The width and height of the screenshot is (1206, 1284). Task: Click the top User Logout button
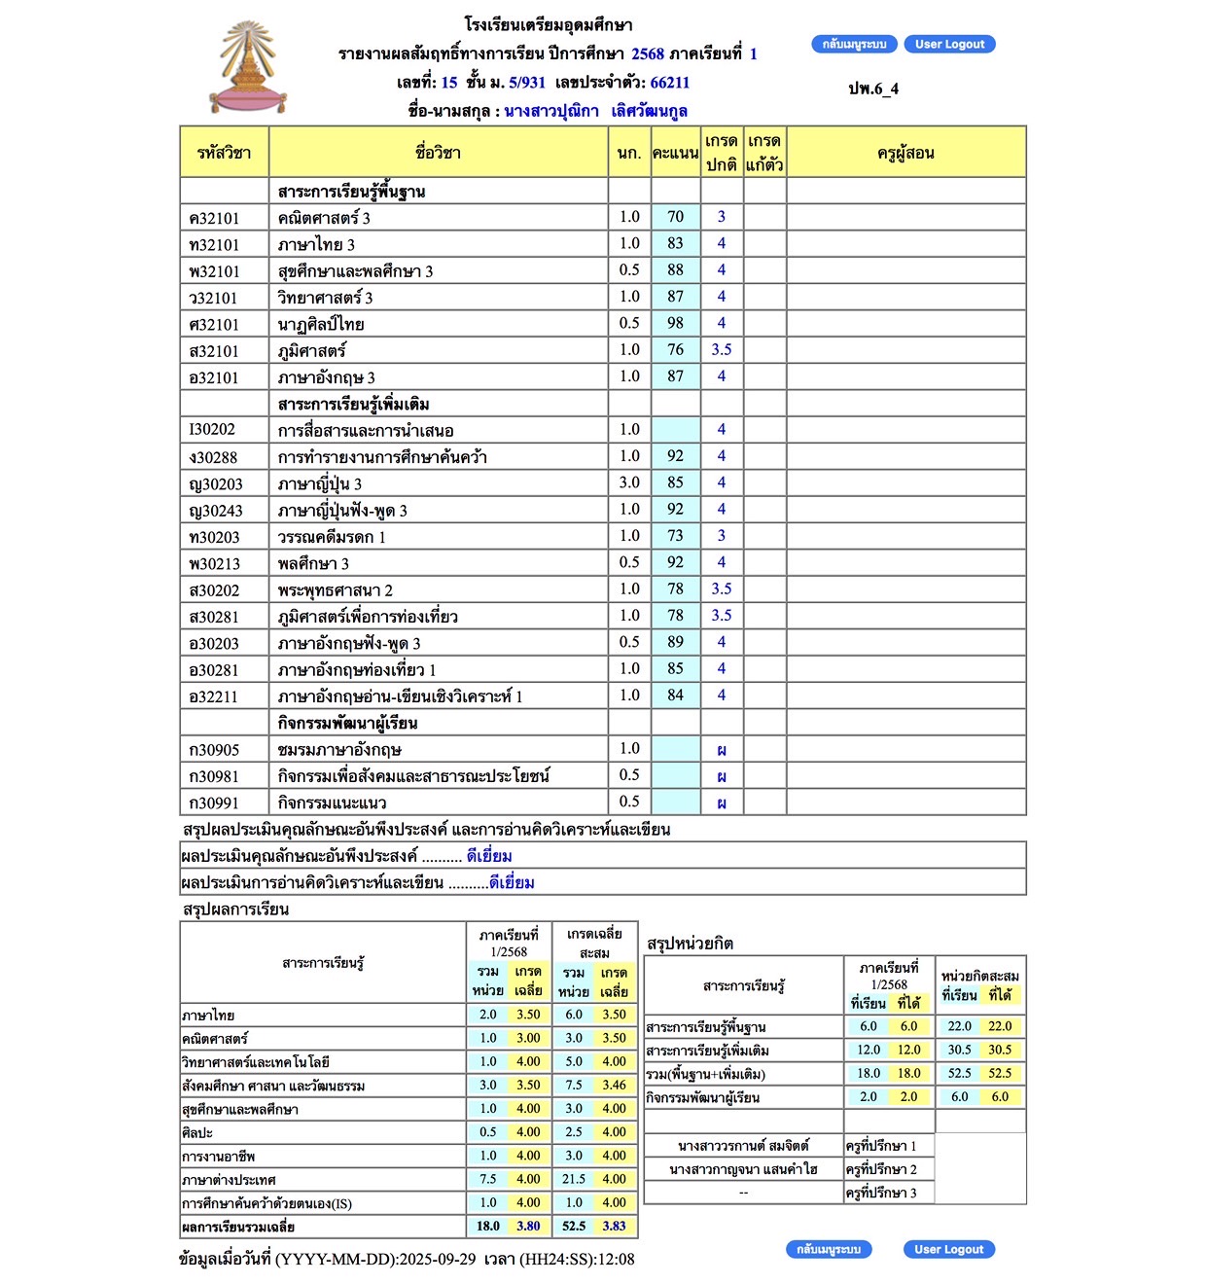[x=949, y=44]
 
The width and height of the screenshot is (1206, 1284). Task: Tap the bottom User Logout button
[x=948, y=1249]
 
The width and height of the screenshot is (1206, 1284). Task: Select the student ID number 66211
[x=669, y=83]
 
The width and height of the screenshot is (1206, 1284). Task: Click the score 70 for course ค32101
[x=675, y=217]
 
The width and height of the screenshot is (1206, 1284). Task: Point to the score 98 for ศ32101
[x=675, y=323]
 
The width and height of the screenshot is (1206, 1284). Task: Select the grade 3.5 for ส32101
[x=721, y=349]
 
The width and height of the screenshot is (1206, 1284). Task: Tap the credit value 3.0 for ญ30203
[x=629, y=482]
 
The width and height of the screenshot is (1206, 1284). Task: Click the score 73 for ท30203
[x=675, y=536]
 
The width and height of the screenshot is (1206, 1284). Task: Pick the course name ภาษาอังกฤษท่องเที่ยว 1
[x=356, y=669]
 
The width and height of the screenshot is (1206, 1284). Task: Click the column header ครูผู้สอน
[x=905, y=153]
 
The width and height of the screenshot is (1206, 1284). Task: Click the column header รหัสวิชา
[x=224, y=153]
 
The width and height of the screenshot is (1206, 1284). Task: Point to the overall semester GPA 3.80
[x=528, y=1227]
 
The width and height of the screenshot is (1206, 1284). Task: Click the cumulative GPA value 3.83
[x=614, y=1227]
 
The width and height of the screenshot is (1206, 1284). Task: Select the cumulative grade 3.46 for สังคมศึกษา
[x=614, y=1085]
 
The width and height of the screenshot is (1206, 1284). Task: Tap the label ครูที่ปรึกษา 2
[x=881, y=1169]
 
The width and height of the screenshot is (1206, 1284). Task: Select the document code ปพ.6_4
[x=873, y=89]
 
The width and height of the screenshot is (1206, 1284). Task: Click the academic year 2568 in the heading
[x=648, y=53]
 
